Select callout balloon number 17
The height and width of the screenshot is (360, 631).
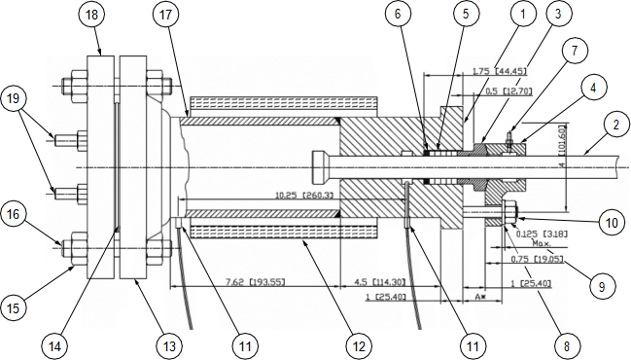pos(166,15)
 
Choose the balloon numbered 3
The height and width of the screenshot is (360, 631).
pos(557,15)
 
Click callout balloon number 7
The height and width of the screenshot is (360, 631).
pos(574,50)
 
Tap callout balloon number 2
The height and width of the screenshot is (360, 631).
pos(613,124)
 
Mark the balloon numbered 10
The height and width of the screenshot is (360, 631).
pos(610,223)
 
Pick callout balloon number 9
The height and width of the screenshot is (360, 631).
pos(600,287)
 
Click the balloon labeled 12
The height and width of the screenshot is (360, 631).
pos(360,344)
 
